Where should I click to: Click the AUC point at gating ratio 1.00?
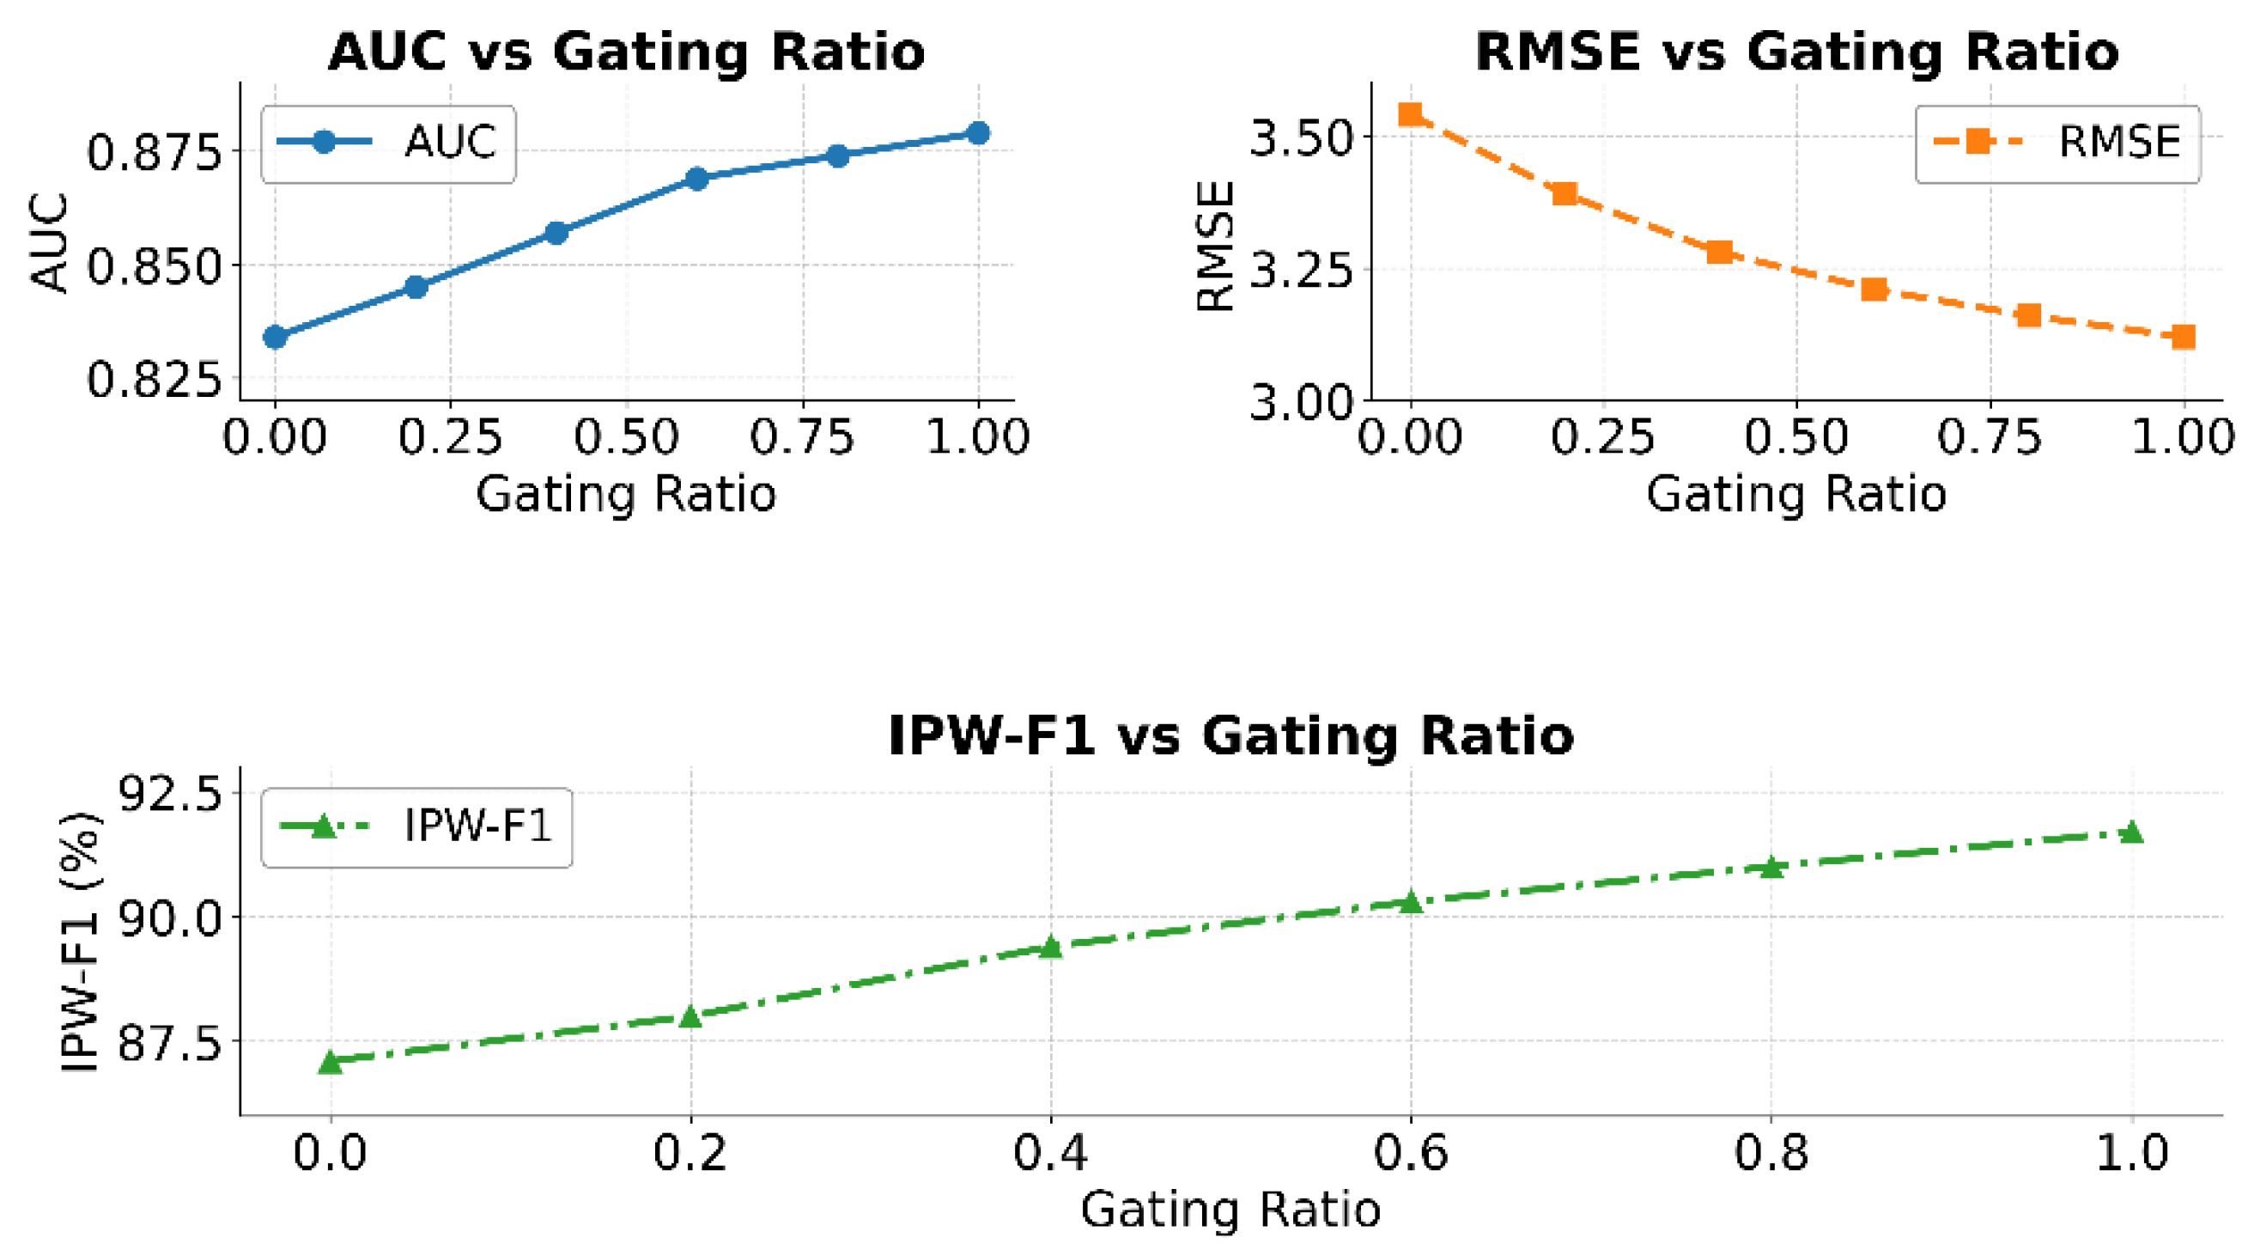(978, 132)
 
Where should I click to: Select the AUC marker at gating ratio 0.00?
(275, 337)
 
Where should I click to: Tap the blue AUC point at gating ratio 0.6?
(696, 179)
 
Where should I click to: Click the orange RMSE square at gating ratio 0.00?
(1410, 114)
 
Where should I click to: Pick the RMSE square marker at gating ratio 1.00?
(2184, 337)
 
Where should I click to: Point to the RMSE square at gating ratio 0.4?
(1719, 253)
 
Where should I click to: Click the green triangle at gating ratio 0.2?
(690, 1017)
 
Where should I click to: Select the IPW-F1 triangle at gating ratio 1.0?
(2132, 832)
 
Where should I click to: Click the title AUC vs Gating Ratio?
(626, 52)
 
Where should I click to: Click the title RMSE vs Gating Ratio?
(1797, 52)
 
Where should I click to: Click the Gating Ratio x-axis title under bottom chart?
(1230, 1210)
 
